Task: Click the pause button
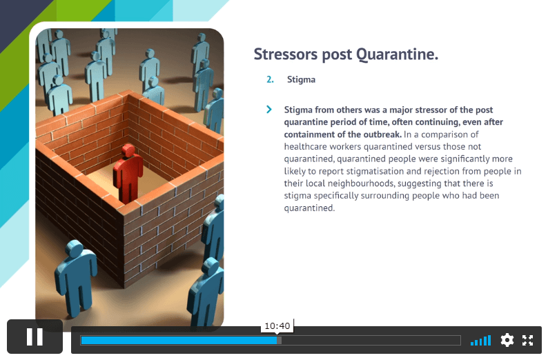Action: pos(35,337)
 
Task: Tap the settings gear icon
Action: pos(507,340)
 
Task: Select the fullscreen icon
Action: pos(528,340)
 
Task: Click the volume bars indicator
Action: pos(480,341)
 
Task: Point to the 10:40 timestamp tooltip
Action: pos(277,326)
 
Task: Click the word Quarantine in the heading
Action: pos(397,54)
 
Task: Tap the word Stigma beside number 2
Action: pos(301,79)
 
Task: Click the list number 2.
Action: pos(270,79)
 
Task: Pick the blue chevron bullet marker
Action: pos(268,109)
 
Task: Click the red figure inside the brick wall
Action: pos(128,173)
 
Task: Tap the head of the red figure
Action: pos(128,150)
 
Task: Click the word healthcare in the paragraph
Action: pos(305,147)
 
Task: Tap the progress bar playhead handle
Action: pos(279,341)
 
